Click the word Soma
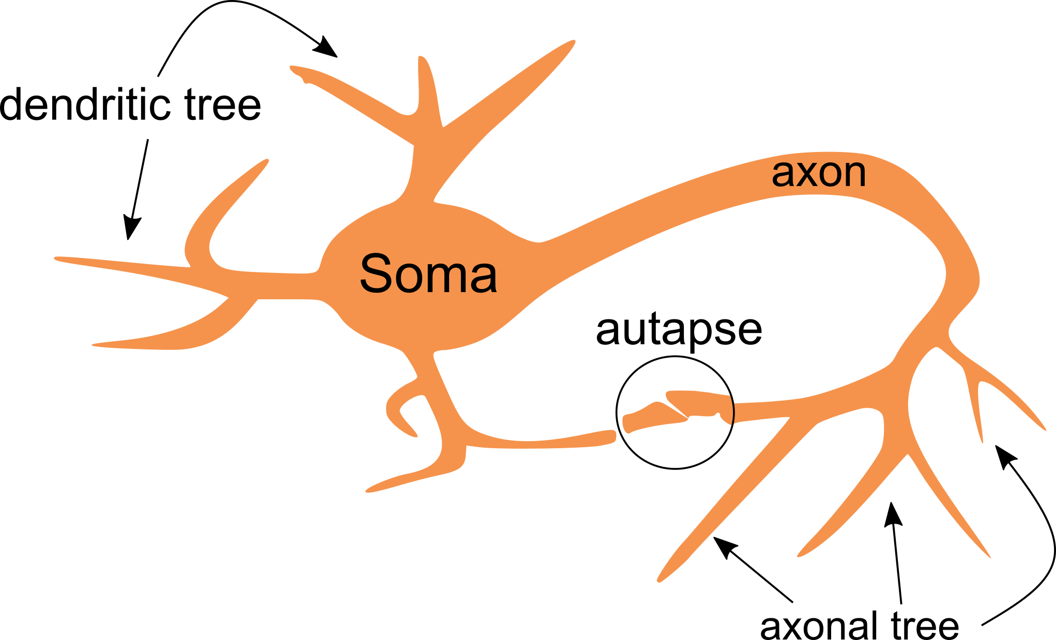pos(428,273)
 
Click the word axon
pos(818,174)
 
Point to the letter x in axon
pos(803,175)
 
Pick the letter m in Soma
pos(451,278)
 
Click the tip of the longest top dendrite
pos(573,42)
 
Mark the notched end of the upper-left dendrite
pos(299,76)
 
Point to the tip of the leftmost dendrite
pos(56,258)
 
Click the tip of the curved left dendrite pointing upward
pos(267,161)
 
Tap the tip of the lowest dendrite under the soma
pos(368,490)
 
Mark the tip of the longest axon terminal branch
pos(660,580)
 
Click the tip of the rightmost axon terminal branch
pos(1044,429)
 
